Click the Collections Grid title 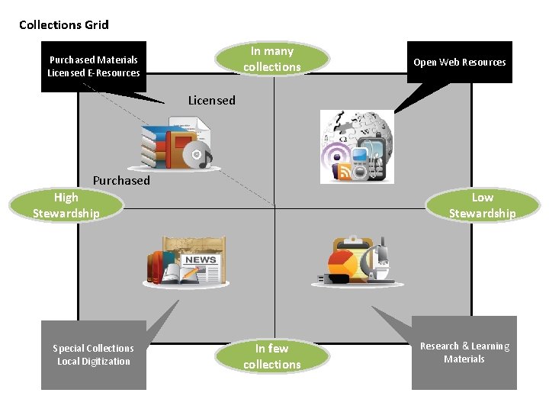(64, 25)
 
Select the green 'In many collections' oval (272, 59)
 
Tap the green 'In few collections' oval (272, 356)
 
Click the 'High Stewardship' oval (66, 205)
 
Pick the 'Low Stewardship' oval (483, 205)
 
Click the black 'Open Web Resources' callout (459, 63)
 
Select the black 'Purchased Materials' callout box (94, 66)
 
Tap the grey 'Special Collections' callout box (94, 355)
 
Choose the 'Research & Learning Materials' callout (464, 352)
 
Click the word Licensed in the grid (212, 101)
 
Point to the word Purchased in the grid (121, 180)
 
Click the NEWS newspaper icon (201, 269)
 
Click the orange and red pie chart (342, 263)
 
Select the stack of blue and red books (154, 147)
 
